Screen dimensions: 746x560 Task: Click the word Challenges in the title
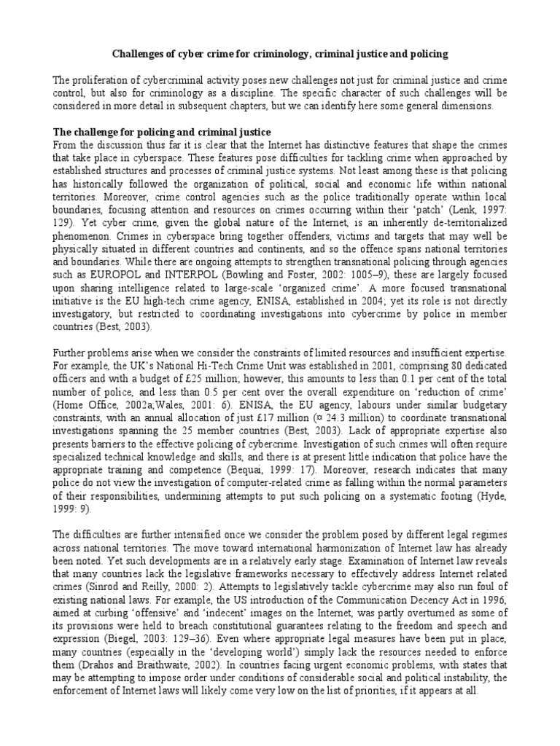136,54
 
